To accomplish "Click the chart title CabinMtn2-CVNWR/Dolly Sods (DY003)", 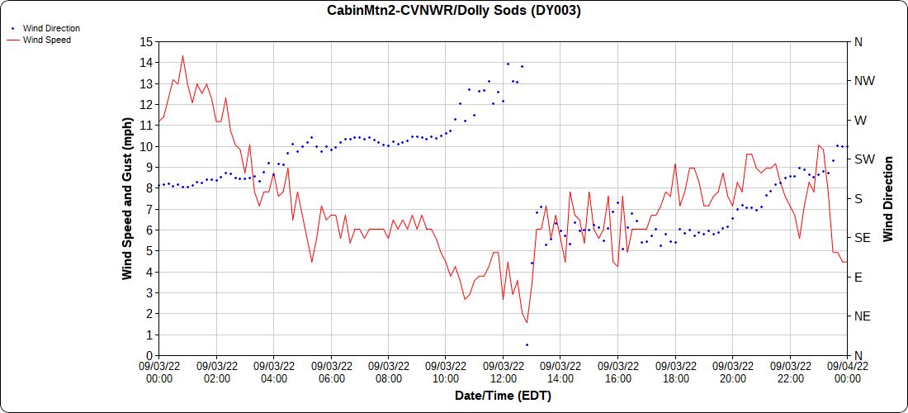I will point(454,11).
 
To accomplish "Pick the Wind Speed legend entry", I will point(46,39).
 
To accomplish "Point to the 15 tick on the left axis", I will point(146,41).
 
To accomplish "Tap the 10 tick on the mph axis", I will point(146,146).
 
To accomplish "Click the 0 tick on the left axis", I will point(149,355).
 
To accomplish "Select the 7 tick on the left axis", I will point(149,209).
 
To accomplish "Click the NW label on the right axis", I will point(863,81).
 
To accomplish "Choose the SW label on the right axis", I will point(863,159).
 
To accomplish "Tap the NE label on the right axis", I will point(862,316).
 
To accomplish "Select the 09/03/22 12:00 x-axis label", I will point(503,371).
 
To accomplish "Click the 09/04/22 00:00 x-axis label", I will point(847,371).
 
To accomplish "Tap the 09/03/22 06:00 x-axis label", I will point(331,371).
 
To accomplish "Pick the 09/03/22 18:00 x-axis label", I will point(674,371).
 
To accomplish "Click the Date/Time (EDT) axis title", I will point(503,396).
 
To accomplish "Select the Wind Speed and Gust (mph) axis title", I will point(127,198).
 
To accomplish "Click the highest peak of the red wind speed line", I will point(182,56).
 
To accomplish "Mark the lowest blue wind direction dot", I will point(527,344).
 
